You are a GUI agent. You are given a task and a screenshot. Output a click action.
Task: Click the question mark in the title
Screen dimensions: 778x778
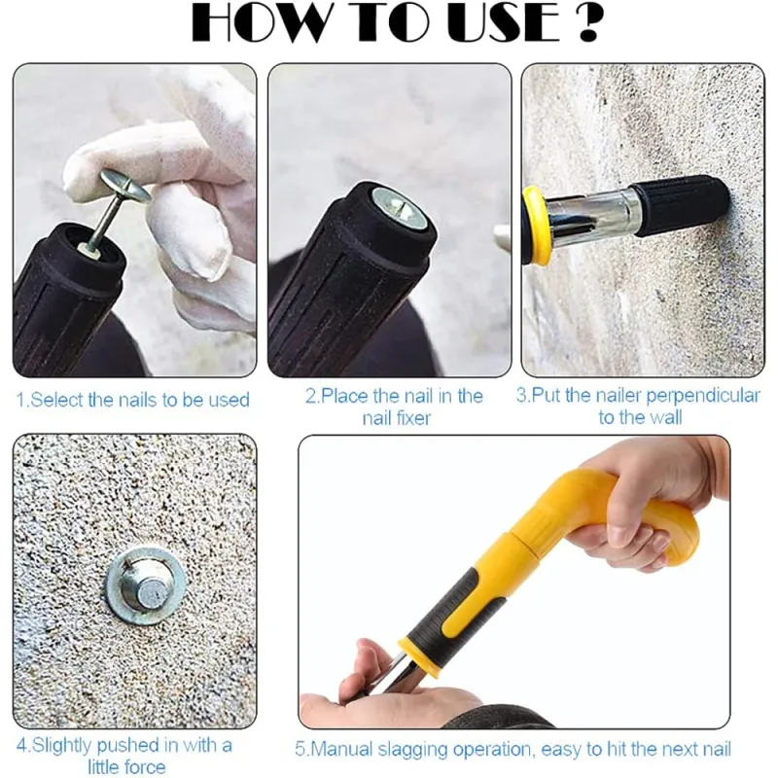point(588,22)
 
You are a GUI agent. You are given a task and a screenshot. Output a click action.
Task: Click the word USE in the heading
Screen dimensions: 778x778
point(504,22)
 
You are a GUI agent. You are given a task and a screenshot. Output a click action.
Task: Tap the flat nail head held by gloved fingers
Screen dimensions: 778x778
point(125,185)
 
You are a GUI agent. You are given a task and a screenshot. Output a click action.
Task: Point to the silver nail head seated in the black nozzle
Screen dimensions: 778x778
point(399,208)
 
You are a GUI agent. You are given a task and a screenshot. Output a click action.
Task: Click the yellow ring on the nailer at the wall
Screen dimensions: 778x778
point(537,224)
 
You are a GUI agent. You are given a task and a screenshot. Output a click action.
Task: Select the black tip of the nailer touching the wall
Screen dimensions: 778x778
point(679,205)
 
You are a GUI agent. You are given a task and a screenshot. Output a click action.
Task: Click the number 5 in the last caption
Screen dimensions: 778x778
point(300,749)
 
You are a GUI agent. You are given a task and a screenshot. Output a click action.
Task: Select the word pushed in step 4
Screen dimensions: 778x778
point(128,746)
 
